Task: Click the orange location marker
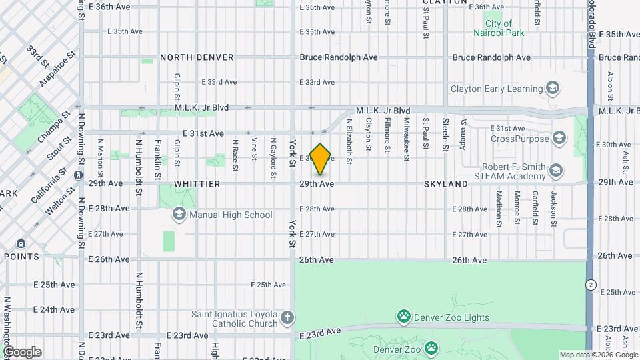(x=321, y=159)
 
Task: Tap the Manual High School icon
(x=179, y=215)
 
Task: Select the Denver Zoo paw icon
(x=431, y=347)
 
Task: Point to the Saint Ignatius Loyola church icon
(x=287, y=318)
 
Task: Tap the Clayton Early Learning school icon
(x=552, y=88)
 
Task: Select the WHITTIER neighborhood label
(x=197, y=183)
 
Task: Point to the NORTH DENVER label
(x=197, y=57)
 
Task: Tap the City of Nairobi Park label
(x=499, y=27)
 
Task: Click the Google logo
(x=22, y=351)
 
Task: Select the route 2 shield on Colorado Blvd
(x=591, y=284)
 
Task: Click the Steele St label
(x=445, y=132)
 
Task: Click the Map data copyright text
(x=597, y=355)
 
